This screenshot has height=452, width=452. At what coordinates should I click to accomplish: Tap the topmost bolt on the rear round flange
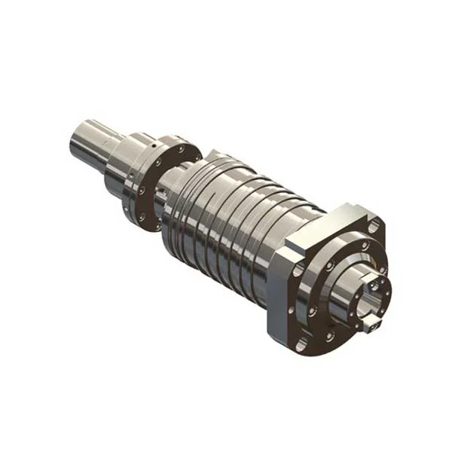tap(181, 149)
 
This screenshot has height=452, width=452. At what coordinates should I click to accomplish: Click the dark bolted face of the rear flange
tap(162, 185)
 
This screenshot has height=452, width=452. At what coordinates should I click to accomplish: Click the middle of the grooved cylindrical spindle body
tap(226, 218)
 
